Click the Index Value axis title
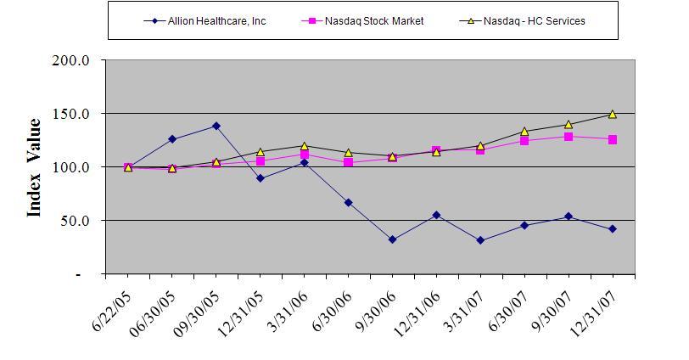[x=35, y=167]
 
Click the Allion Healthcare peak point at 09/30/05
[x=216, y=126]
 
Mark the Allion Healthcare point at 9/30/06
[x=392, y=239]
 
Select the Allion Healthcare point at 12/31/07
[x=613, y=228]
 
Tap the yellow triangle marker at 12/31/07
[x=613, y=114]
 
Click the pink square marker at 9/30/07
[x=569, y=137]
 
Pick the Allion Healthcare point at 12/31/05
[x=260, y=178]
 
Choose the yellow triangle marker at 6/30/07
[x=524, y=132]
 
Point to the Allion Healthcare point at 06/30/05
[x=171, y=138]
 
